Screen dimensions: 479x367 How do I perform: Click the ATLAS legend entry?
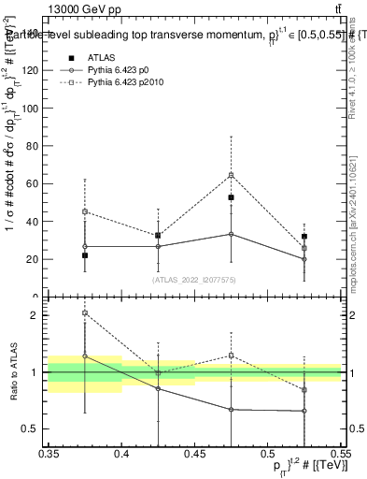tap(99, 57)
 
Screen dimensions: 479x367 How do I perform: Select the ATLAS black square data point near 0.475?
tap(231, 197)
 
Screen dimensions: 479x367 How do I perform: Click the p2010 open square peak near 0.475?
tap(231, 175)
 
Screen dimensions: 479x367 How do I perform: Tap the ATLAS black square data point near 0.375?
tap(85, 255)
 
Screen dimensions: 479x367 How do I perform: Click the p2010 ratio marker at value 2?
tap(85, 313)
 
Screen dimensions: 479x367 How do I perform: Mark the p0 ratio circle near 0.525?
tap(303, 411)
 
